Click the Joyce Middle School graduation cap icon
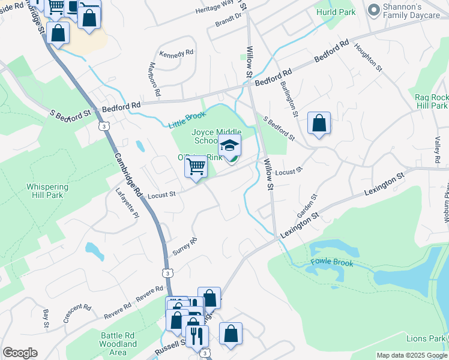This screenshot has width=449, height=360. pos(229,145)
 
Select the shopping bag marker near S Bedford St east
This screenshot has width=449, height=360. pos(319,124)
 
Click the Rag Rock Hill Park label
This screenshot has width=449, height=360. pos(431,101)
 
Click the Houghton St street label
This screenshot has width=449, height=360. pos(368,57)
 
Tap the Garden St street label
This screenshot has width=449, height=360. pos(306,206)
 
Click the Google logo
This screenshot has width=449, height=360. pos(20,353)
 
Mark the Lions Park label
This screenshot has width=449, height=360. pos(425,339)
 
